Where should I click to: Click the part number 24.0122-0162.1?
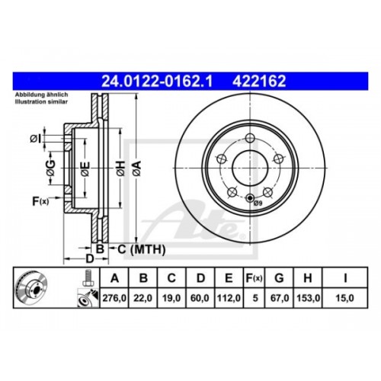click(157, 82)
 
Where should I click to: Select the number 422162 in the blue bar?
click(259, 82)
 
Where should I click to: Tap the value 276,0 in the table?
click(114, 298)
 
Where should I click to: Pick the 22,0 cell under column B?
click(142, 298)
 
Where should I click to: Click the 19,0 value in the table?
click(171, 298)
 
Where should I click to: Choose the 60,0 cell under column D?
click(200, 298)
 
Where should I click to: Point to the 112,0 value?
click(229, 298)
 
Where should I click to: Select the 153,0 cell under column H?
click(308, 298)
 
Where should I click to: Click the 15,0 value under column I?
click(344, 298)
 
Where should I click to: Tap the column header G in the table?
click(279, 278)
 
